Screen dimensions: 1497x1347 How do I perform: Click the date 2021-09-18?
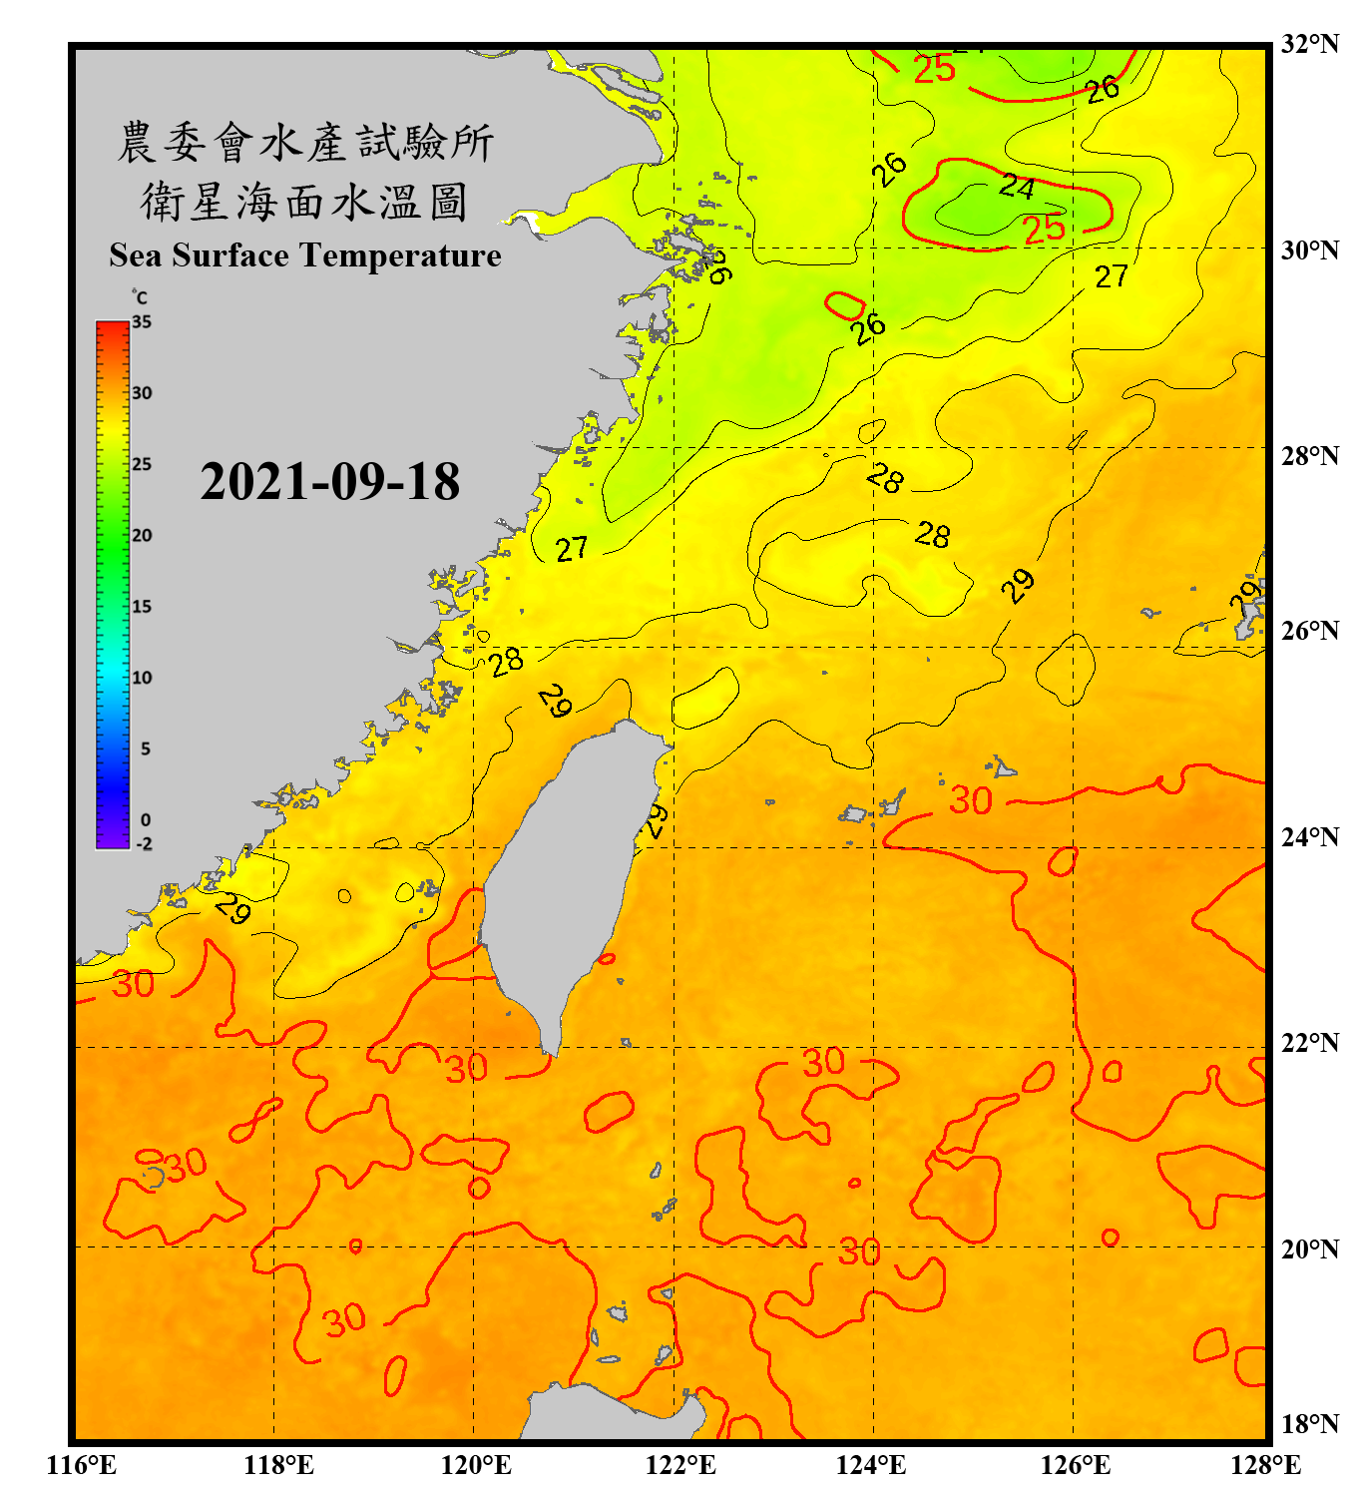pyautogui.click(x=329, y=482)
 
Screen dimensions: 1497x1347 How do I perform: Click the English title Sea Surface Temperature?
pyautogui.click(x=305, y=255)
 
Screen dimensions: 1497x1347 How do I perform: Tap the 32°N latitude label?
pyautogui.click(x=1309, y=44)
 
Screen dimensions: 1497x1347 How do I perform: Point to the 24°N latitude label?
pyautogui.click(x=1309, y=836)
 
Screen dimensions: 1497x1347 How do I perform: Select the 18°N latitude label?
pyautogui.click(x=1309, y=1423)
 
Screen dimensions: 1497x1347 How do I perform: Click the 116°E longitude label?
pyautogui.click(x=81, y=1465)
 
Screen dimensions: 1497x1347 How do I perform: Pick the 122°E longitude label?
pyautogui.click(x=680, y=1465)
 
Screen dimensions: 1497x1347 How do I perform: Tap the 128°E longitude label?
pyautogui.click(x=1265, y=1465)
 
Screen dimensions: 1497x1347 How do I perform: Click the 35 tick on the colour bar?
pyautogui.click(x=142, y=322)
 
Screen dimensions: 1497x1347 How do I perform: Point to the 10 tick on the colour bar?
pyautogui.click(x=142, y=678)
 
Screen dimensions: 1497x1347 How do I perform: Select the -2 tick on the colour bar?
pyautogui.click(x=144, y=843)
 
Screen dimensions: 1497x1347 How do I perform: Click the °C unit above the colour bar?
pyautogui.click(x=140, y=297)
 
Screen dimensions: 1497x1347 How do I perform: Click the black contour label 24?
pyautogui.click(x=1017, y=186)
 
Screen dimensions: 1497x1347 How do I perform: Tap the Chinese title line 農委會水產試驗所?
pyautogui.click(x=305, y=143)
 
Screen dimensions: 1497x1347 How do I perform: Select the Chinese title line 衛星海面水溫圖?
pyautogui.click(x=305, y=202)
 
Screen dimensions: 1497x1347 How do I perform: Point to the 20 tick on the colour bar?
pyautogui.click(x=142, y=536)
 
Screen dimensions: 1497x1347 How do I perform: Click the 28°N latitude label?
pyautogui.click(x=1309, y=456)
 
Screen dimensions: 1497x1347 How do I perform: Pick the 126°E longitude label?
pyautogui.click(x=1075, y=1465)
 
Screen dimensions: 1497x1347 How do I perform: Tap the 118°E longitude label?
pyautogui.click(x=278, y=1465)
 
